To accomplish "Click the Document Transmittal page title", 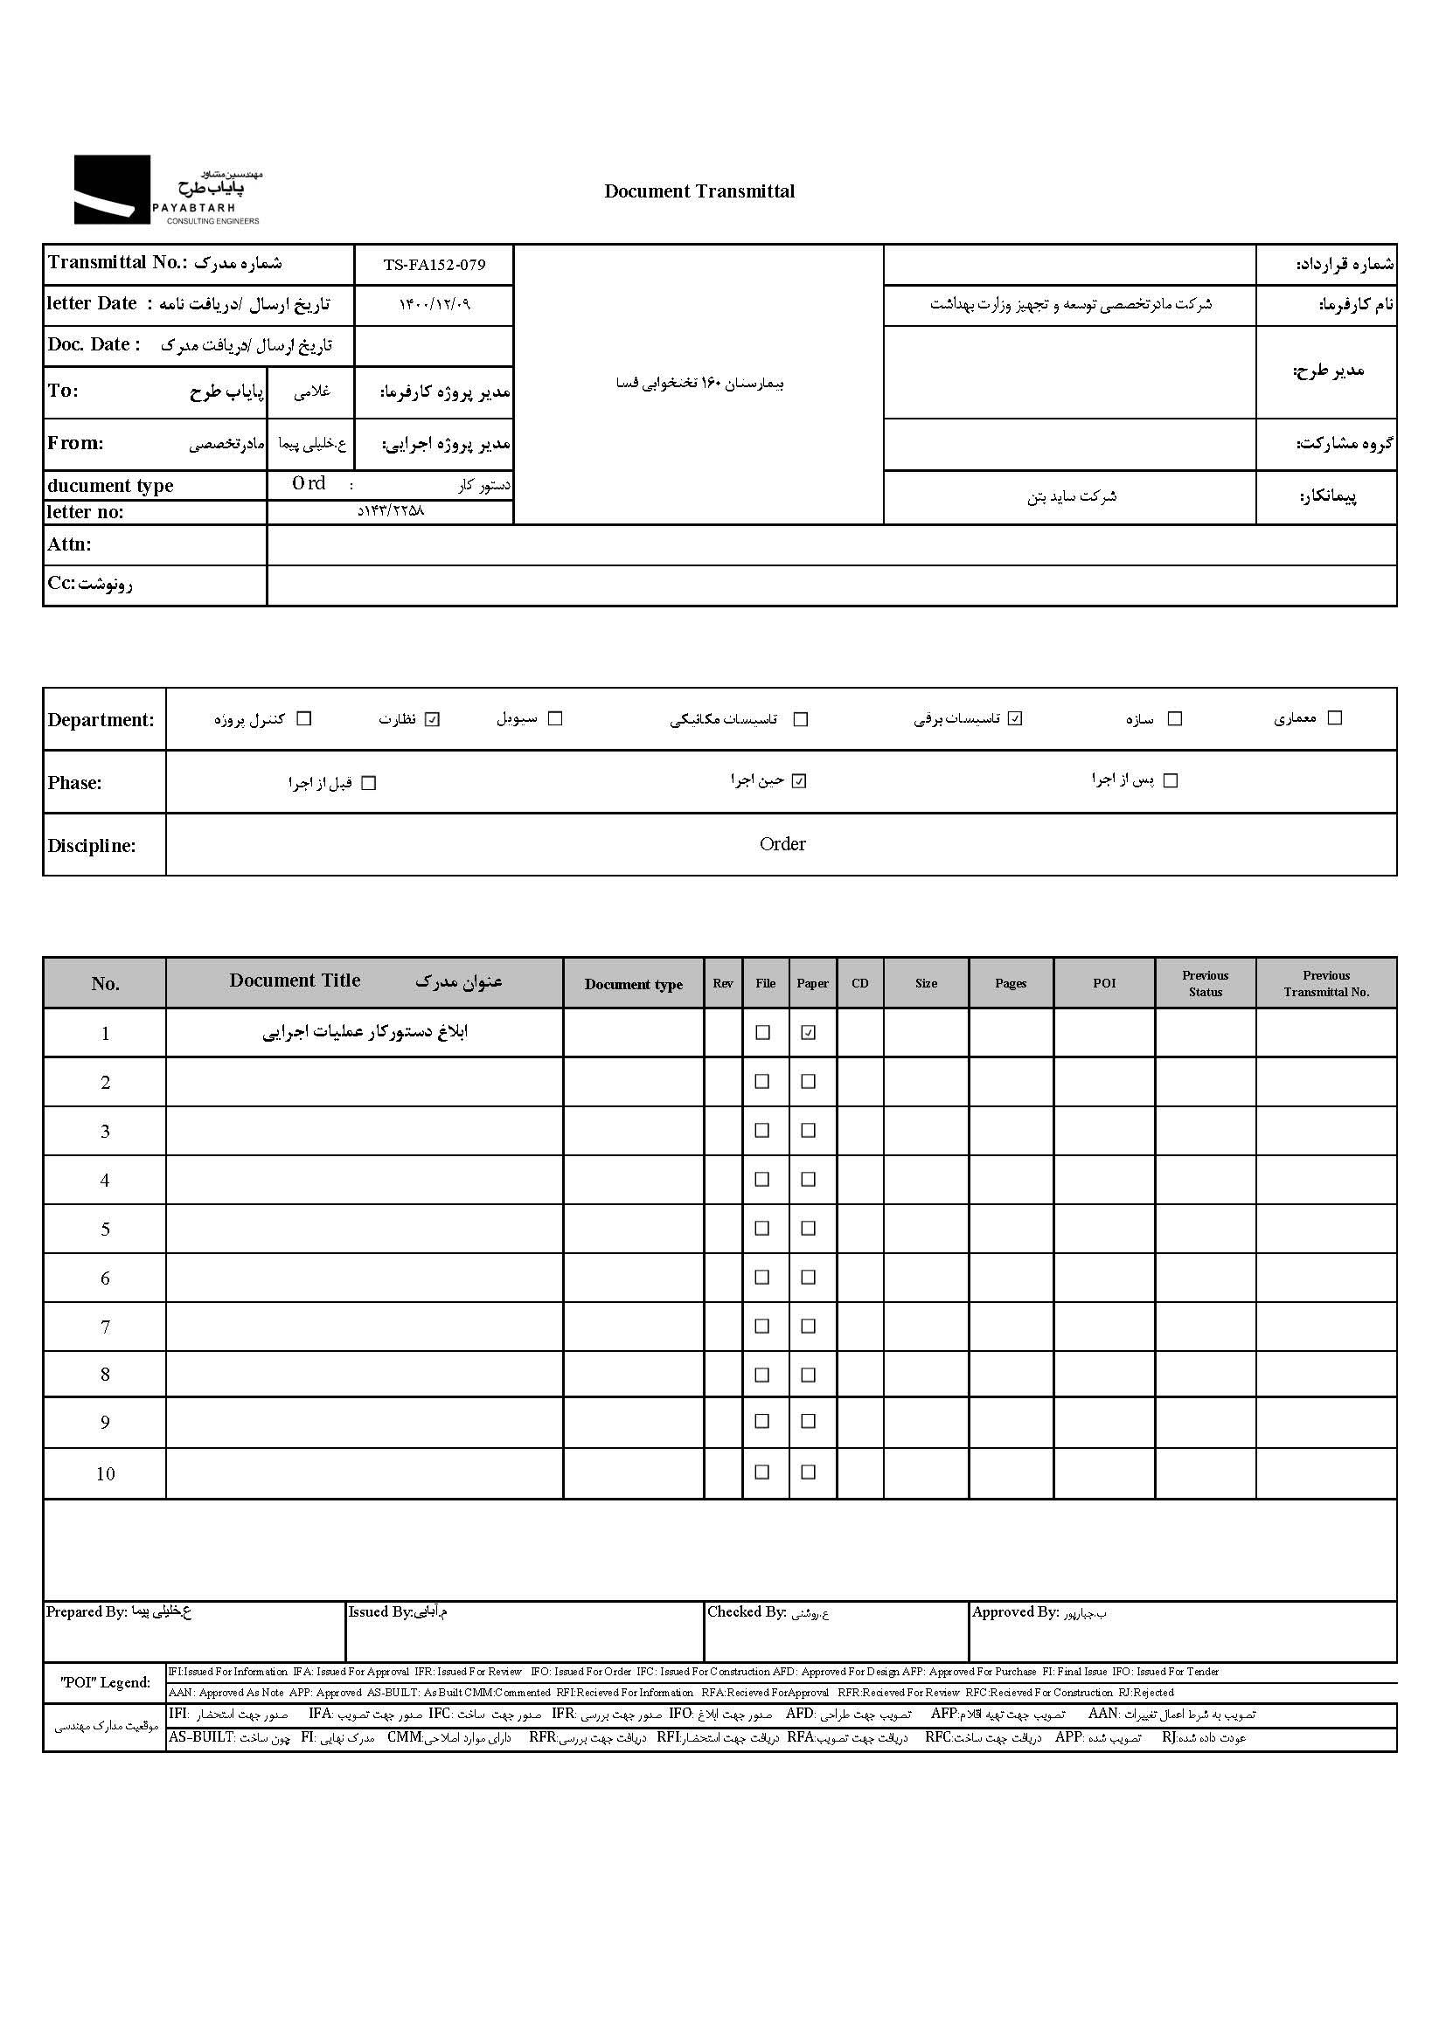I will pos(699,191).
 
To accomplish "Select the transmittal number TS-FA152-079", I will pos(434,265).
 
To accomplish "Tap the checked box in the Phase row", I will pos(800,781).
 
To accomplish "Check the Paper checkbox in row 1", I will pos(809,1033).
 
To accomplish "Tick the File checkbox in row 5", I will pos(762,1229).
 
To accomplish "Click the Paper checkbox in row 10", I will pos(809,1472).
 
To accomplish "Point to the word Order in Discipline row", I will pos(782,844).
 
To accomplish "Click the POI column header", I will pos(1104,984).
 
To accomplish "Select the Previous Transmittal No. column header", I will pos(1326,984).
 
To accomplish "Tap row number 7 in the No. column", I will pos(105,1327).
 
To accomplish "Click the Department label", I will pos(101,720).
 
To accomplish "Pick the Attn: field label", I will pos(69,544).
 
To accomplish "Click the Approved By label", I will pos(1015,1612).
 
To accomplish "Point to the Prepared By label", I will pos(87,1612).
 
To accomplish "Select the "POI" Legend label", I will pos(105,1682).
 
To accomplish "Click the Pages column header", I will pos(1011,984).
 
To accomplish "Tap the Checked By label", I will pos(746,1612).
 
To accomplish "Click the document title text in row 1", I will pos(365,1033).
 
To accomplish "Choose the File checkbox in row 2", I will pos(762,1082).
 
